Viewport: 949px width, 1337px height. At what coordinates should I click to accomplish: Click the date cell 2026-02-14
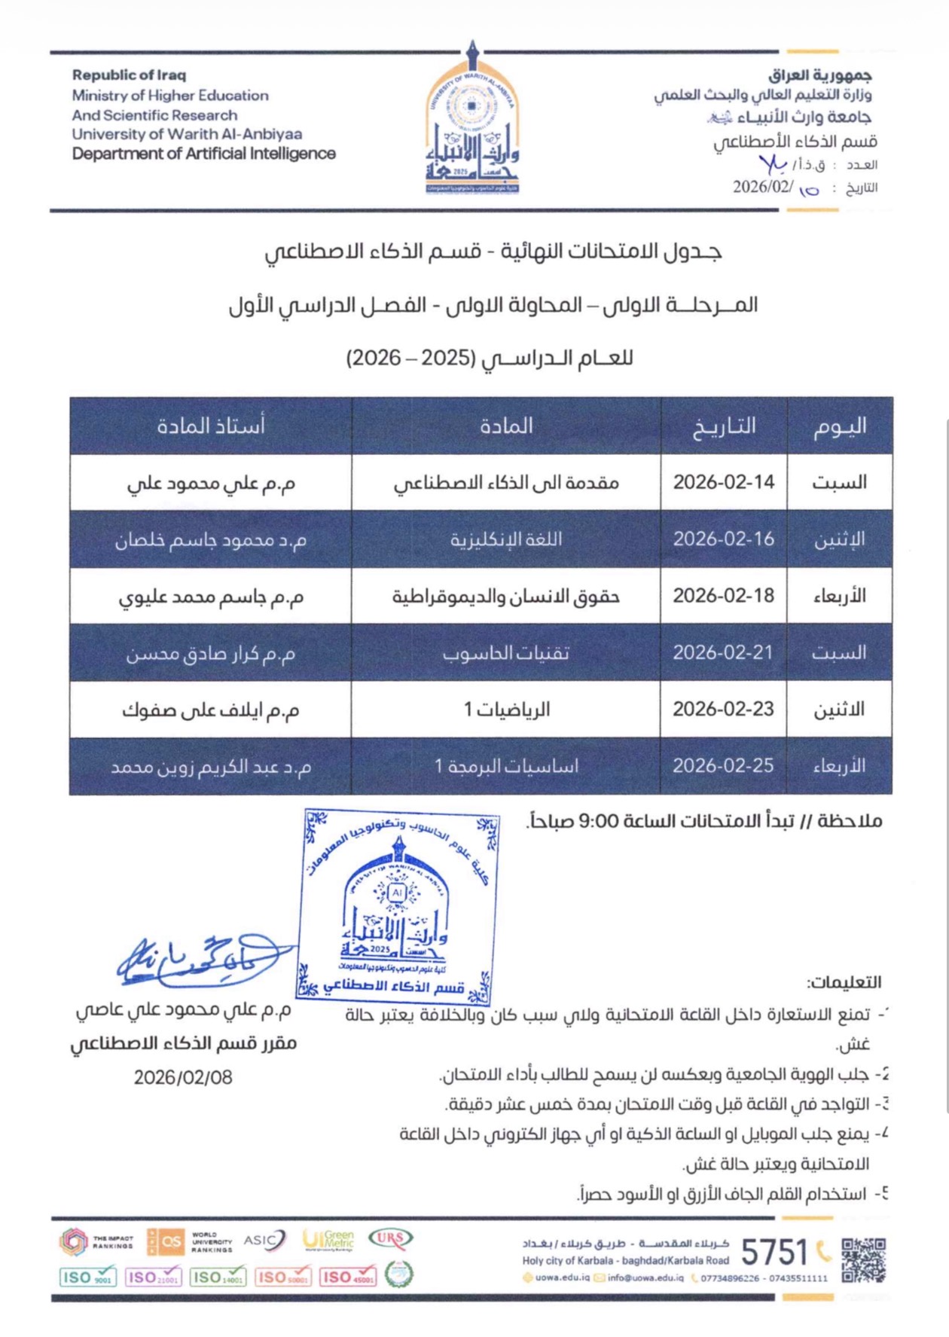[x=724, y=482]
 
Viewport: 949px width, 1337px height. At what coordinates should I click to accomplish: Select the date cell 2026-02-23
[x=723, y=709]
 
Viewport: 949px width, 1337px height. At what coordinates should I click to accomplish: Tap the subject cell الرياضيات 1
[x=506, y=709]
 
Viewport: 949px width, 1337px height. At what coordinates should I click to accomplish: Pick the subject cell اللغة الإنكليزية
[x=506, y=539]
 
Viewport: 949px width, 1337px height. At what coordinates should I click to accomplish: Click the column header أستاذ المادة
[x=211, y=426]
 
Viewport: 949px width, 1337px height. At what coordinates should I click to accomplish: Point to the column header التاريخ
[x=724, y=426]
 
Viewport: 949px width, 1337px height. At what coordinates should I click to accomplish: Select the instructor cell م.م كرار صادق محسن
[x=211, y=653]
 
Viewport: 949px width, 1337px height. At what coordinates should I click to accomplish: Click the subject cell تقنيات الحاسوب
[x=506, y=653]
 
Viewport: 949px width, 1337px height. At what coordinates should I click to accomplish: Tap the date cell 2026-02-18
[x=723, y=596]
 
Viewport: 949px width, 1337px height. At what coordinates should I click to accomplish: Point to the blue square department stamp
[x=398, y=907]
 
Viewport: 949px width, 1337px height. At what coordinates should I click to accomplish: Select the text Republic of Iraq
[x=129, y=75]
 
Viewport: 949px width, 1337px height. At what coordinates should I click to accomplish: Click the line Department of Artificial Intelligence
[x=203, y=154]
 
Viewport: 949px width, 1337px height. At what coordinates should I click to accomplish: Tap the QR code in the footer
[x=863, y=1260]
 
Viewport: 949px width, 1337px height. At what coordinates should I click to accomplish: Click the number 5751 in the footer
[x=774, y=1253]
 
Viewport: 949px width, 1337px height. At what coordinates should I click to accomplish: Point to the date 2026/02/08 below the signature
[x=183, y=1078]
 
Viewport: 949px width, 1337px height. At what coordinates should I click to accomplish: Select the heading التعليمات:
[x=844, y=982]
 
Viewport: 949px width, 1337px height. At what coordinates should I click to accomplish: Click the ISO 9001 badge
[x=87, y=1277]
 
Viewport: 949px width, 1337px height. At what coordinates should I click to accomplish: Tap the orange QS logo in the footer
[x=166, y=1241]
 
